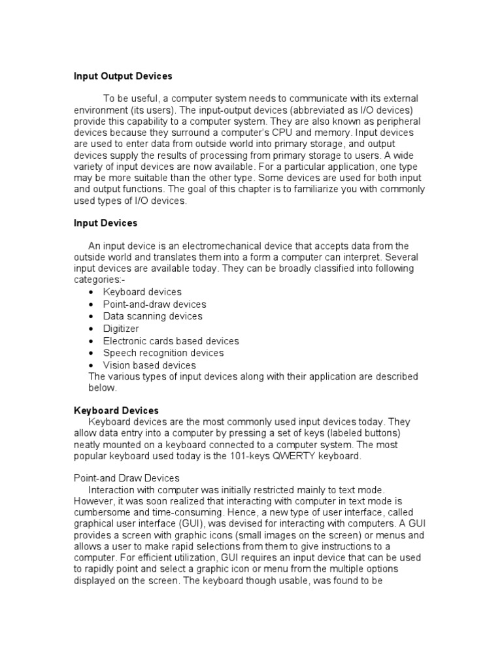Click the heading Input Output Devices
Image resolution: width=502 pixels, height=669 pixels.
[x=123, y=76]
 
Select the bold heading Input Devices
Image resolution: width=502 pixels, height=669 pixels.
[x=105, y=223]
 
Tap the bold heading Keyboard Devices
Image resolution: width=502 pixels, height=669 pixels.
[x=116, y=410]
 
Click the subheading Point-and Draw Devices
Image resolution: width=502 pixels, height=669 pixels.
[x=126, y=478]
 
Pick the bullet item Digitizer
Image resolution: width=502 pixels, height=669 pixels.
[x=121, y=329]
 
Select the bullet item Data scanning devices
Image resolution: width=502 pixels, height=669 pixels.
[x=152, y=316]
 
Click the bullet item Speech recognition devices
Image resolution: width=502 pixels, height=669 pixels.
[x=163, y=353]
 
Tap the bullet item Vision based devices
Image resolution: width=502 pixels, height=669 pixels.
[x=149, y=365]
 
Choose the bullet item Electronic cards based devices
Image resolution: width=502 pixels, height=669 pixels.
[x=171, y=341]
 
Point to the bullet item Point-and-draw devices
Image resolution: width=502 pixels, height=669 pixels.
[x=154, y=304]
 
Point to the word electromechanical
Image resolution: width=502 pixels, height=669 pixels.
[x=221, y=246]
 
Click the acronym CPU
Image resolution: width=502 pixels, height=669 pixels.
[x=304, y=133]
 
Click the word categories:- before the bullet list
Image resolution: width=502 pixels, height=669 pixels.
[x=99, y=280]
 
